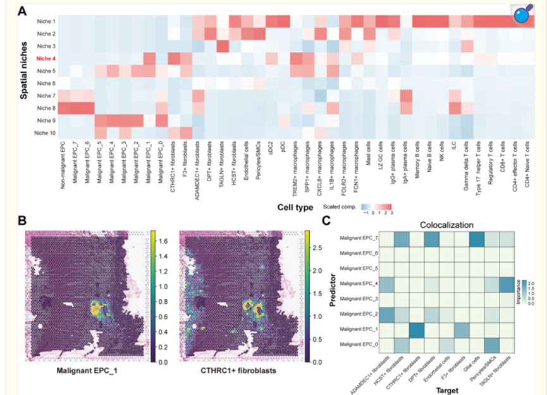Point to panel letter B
[22, 221]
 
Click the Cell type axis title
[296, 206]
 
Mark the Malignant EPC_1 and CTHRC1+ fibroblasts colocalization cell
[417, 329]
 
